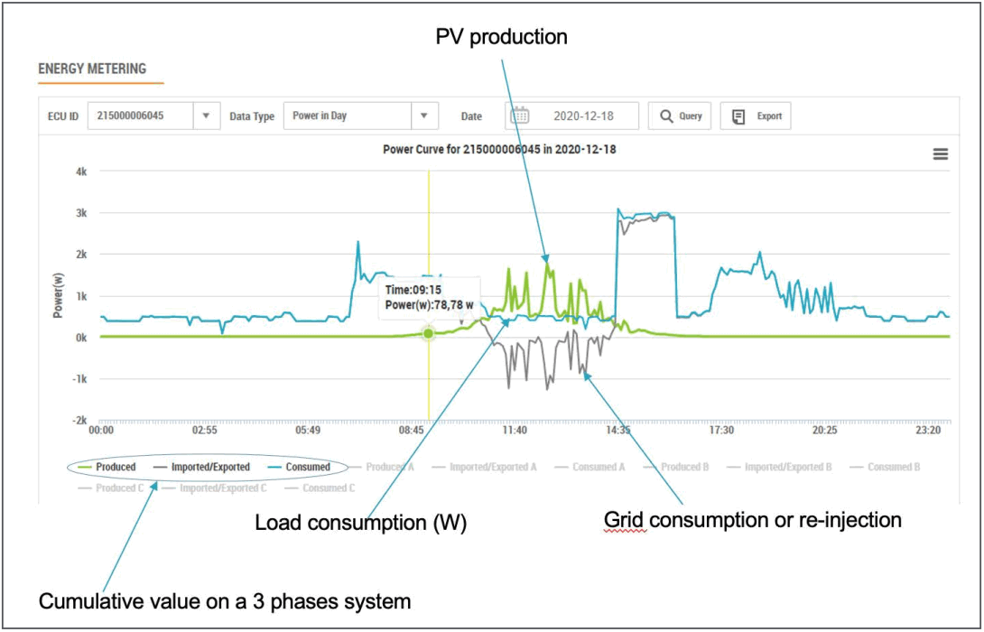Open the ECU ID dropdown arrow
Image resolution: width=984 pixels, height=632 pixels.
tap(207, 116)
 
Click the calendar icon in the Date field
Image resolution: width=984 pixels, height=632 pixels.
tap(520, 116)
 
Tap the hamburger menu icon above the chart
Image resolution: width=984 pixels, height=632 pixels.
tap(940, 154)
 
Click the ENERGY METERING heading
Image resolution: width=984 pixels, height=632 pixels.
tap(91, 69)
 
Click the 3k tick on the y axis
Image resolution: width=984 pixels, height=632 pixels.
tap(80, 213)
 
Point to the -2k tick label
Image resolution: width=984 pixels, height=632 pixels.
tap(79, 421)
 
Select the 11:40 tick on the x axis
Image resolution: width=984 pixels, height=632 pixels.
tap(514, 432)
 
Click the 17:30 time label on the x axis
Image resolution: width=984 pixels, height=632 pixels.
tap(721, 432)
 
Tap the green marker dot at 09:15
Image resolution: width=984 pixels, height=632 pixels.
tap(429, 333)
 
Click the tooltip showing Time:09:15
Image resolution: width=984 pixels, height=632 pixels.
tap(429, 298)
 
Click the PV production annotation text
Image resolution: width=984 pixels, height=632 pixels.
tap(501, 37)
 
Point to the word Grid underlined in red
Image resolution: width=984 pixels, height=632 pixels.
tap(625, 521)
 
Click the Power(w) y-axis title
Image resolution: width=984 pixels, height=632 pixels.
tap(58, 296)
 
